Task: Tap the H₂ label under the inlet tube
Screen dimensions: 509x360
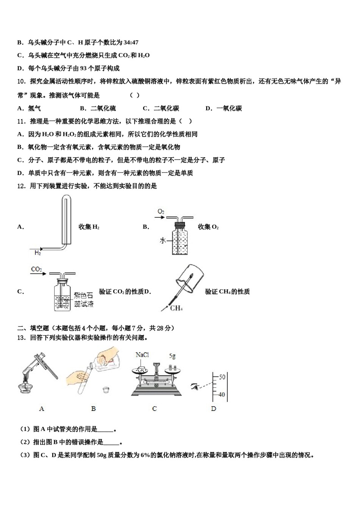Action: coord(38,253)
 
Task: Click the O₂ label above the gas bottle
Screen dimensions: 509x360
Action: coord(161,211)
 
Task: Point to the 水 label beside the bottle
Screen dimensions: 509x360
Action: coord(163,240)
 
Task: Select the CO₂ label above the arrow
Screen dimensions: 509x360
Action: coord(36,269)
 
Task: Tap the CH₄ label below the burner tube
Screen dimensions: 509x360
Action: coord(176,308)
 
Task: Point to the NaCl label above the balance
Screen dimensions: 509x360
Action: coord(142,355)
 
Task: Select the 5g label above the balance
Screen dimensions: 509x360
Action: coord(172,356)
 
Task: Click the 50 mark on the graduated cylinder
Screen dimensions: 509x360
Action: coord(222,377)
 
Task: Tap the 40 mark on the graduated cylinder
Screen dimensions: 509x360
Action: coord(222,395)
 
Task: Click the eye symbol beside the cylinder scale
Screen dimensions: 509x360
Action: coord(196,386)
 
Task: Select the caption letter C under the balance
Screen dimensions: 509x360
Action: coord(154,409)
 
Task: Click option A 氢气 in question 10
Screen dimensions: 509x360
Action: coord(30,108)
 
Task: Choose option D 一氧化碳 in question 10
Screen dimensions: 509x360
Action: coord(224,108)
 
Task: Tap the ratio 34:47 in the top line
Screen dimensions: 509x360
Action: coord(131,42)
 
